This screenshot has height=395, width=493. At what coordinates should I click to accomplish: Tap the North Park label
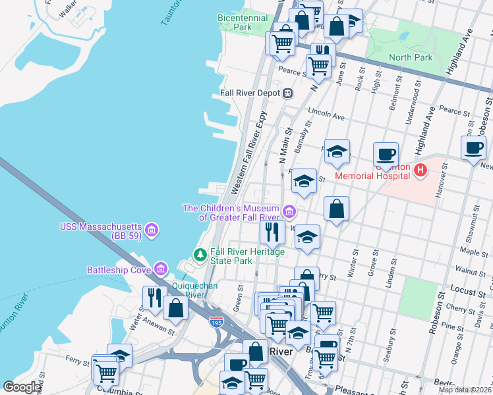pos(411,58)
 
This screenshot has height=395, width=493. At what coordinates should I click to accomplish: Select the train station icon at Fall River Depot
pos(287,93)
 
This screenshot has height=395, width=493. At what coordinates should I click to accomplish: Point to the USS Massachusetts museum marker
pos(152,230)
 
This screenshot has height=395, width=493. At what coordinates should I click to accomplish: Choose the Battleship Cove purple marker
pos(160,269)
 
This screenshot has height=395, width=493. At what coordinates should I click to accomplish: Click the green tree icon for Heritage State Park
pos(199,254)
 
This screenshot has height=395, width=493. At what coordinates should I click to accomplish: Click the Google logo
pos(22,387)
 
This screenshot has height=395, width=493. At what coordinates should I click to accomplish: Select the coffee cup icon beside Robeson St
pos(473,148)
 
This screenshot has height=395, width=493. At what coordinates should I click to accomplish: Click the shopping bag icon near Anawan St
pos(176,307)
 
